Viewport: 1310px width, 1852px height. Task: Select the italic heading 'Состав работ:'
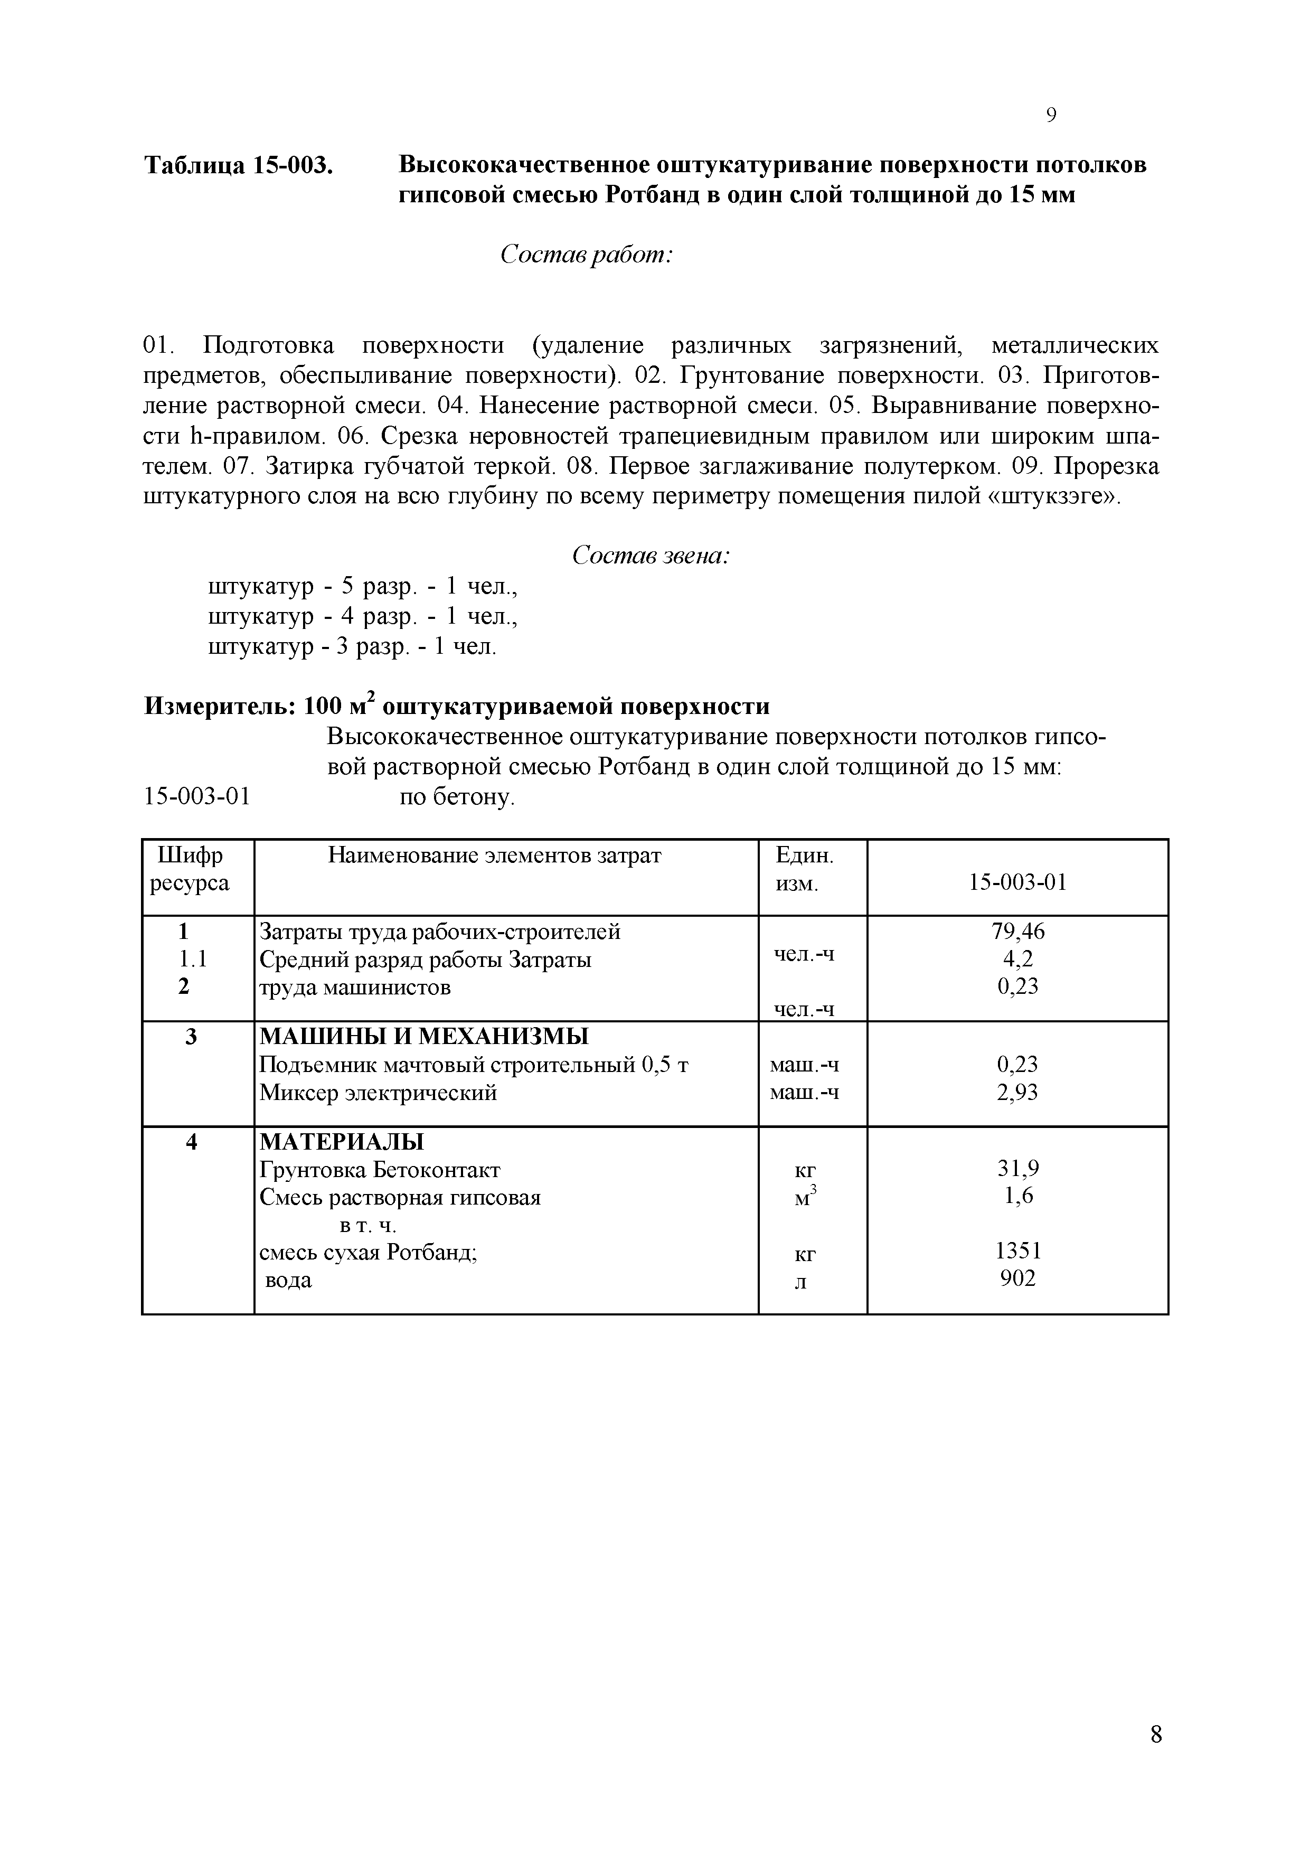tap(587, 255)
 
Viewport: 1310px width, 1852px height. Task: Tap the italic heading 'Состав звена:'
tap(650, 556)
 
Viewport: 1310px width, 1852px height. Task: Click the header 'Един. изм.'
tap(804, 869)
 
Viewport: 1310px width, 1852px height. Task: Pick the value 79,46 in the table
tap(1017, 932)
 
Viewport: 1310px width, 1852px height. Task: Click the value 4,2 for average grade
tap(1017, 959)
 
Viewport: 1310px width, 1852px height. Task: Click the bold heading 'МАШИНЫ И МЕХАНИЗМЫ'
tap(423, 1037)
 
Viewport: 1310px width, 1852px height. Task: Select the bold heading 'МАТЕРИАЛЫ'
tap(341, 1142)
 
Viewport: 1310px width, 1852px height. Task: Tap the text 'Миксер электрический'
tap(378, 1093)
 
